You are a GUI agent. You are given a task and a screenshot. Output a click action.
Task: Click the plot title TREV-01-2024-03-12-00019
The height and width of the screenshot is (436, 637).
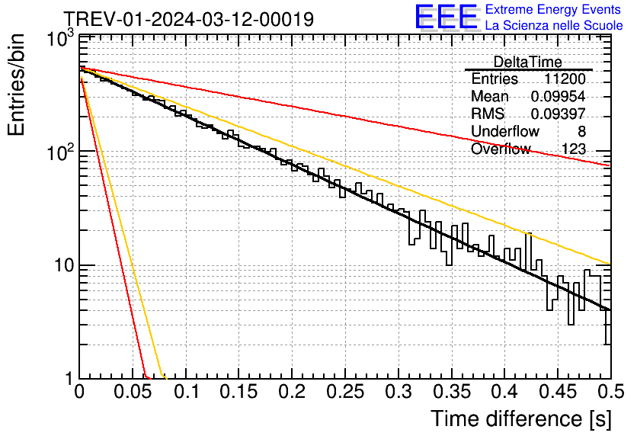click(x=189, y=19)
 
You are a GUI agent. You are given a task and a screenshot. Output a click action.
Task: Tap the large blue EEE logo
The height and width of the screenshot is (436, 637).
click(x=446, y=17)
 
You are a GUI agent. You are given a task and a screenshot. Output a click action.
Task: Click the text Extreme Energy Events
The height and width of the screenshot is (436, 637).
click(x=553, y=9)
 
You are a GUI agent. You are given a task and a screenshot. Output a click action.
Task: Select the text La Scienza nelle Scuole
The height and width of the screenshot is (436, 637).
click(x=554, y=25)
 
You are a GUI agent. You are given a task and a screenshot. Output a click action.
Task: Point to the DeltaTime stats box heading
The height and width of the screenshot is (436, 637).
click(x=528, y=62)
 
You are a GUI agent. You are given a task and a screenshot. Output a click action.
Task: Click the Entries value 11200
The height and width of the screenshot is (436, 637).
click(x=565, y=79)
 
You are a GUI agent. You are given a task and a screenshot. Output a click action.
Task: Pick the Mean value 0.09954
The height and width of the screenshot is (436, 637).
click(x=558, y=96)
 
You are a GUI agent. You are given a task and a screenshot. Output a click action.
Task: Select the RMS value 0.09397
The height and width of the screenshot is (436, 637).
click(x=558, y=114)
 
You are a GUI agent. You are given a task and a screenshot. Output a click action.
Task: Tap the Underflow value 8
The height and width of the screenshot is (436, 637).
click(x=581, y=131)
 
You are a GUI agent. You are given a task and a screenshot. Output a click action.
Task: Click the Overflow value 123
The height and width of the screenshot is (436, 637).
click(x=574, y=149)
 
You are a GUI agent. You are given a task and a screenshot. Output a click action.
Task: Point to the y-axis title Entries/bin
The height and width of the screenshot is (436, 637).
click(x=17, y=85)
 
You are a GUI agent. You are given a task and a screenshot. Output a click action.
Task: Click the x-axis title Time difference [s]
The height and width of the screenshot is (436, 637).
click(x=521, y=418)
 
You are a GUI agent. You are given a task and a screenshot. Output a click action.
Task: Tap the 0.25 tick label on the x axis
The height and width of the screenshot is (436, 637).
click(x=345, y=392)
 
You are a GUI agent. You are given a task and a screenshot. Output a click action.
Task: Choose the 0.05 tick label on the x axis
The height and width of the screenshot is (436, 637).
click(x=133, y=392)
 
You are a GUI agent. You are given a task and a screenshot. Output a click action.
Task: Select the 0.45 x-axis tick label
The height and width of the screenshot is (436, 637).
click(x=558, y=392)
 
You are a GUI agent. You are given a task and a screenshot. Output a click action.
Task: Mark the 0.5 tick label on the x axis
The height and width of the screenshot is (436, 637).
click(x=611, y=392)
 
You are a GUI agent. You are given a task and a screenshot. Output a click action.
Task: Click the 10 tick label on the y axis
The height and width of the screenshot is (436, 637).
click(x=64, y=265)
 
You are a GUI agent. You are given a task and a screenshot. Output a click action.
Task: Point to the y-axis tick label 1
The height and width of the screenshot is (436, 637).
click(x=69, y=379)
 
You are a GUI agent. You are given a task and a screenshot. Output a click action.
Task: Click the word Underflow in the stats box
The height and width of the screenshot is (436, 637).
click(x=504, y=131)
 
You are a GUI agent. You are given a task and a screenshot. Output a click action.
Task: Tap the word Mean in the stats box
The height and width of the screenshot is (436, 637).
click(x=489, y=96)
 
